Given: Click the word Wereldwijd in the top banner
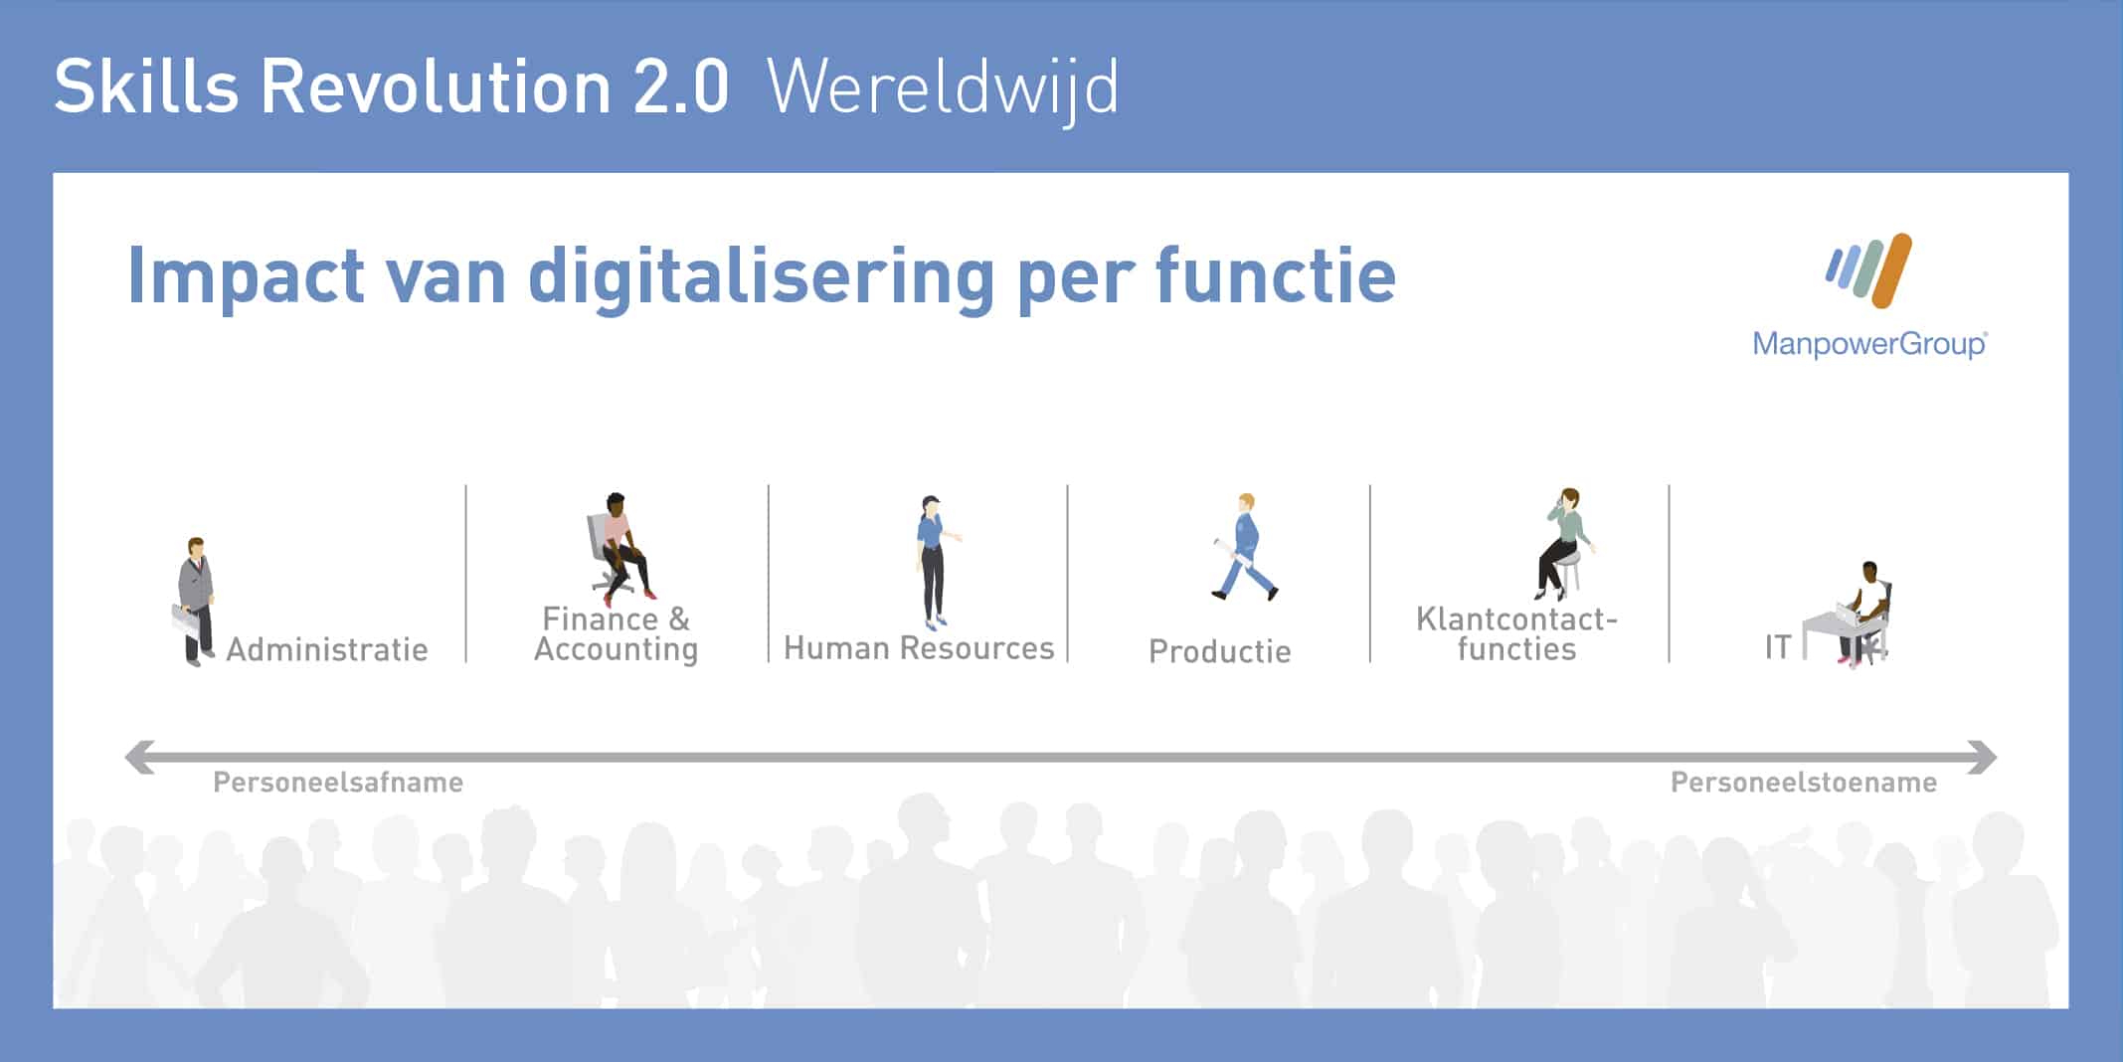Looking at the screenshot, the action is click(943, 89).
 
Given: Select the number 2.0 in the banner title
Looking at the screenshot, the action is click(681, 88).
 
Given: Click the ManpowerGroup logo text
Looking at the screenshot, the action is click(1869, 344).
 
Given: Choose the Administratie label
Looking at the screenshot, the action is click(327, 649).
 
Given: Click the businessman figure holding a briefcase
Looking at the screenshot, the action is click(195, 602).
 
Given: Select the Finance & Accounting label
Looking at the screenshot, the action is click(617, 633).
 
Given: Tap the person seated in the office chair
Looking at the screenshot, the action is click(619, 549).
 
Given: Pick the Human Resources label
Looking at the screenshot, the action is click(919, 648).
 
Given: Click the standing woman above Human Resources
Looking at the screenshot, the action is click(935, 562).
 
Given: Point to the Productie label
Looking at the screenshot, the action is click(1220, 651).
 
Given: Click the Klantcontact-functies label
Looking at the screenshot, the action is click(1517, 633).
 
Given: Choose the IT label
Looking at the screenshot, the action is click(1778, 647).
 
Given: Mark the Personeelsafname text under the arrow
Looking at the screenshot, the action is click(338, 783).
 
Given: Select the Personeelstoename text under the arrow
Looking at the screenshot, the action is click(1804, 783).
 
